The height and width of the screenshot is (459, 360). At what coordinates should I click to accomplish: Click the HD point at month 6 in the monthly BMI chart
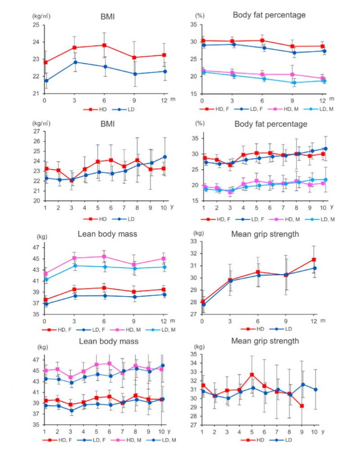[104, 45]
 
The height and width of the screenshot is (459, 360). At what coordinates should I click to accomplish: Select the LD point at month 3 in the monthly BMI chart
[75, 62]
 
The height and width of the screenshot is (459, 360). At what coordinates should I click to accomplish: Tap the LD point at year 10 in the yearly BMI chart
[165, 157]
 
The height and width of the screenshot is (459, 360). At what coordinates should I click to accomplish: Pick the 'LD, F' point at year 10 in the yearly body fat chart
[325, 149]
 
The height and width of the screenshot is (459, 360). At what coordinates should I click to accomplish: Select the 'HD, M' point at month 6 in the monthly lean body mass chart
[104, 256]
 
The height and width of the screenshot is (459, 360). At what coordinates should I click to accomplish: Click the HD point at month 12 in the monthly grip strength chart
[314, 260]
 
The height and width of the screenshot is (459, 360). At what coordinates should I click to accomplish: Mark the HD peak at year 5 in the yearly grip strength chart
[252, 374]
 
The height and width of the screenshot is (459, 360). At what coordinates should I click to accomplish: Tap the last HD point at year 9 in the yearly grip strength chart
[301, 406]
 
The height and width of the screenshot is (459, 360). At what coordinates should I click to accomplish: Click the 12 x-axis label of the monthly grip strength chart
[314, 321]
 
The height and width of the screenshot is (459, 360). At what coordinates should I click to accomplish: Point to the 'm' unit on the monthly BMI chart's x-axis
[173, 99]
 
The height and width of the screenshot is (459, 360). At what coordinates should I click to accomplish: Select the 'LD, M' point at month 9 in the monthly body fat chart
[294, 83]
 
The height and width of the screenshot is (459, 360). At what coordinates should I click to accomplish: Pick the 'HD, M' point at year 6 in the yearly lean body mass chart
[109, 364]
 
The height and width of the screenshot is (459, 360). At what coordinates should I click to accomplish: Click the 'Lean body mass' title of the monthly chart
[107, 234]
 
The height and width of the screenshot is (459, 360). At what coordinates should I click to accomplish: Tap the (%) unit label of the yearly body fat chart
[200, 123]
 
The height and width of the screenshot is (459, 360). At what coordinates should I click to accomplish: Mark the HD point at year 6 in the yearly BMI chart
[111, 160]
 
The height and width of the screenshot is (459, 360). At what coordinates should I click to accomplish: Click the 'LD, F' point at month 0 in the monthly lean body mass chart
[46, 304]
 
